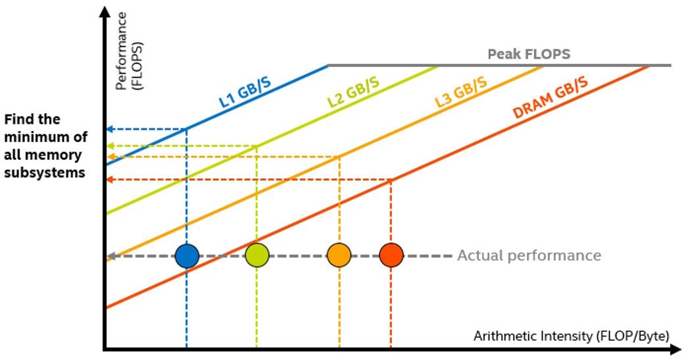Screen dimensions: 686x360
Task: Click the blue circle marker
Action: click(x=187, y=256)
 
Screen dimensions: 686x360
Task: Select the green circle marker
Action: click(x=257, y=256)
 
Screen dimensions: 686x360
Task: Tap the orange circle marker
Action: click(x=339, y=256)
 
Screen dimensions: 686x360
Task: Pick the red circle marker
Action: click(x=391, y=256)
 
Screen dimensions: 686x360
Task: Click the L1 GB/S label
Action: click(x=245, y=92)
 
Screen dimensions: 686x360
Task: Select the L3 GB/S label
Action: click(x=460, y=92)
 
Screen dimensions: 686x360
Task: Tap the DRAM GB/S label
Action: click(x=551, y=97)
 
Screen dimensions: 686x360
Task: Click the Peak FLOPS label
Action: click(x=529, y=55)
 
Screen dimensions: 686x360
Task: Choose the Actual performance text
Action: click(x=529, y=255)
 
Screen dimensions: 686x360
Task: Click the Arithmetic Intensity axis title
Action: click(x=572, y=336)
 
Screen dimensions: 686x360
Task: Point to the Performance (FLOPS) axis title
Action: click(x=129, y=51)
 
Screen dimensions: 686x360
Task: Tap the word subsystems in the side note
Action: click(x=45, y=172)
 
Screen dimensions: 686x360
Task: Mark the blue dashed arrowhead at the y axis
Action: click(x=110, y=129)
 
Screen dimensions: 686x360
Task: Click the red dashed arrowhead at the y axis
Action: click(x=110, y=179)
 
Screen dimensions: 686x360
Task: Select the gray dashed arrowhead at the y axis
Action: click(x=110, y=256)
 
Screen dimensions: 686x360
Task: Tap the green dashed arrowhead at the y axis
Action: click(x=110, y=146)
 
